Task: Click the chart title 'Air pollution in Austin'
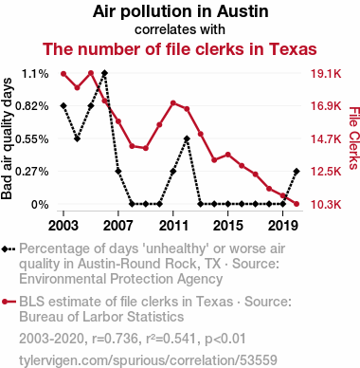(x=180, y=11)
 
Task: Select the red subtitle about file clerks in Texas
(x=180, y=49)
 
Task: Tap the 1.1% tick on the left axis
(x=35, y=74)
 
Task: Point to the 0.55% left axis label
(x=32, y=138)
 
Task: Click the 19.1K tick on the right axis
(x=326, y=74)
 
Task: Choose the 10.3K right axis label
(x=326, y=205)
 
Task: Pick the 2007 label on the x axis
(x=118, y=226)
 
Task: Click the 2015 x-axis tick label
(x=228, y=226)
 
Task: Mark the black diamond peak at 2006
(x=104, y=73)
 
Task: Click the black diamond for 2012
(x=187, y=138)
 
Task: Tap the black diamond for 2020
(x=297, y=171)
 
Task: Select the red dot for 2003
(x=63, y=74)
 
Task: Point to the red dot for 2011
(x=173, y=103)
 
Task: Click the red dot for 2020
(x=297, y=204)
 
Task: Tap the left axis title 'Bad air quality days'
(x=7, y=138)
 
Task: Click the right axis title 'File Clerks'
(x=354, y=138)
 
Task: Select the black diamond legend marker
(x=5, y=248)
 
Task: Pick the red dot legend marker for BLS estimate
(x=5, y=302)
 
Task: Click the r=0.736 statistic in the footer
(x=115, y=339)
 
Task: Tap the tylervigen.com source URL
(x=148, y=360)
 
